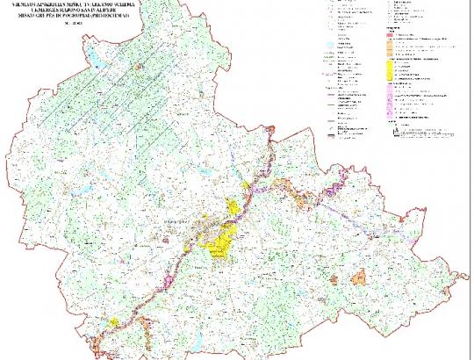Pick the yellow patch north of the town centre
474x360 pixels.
(233, 206)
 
